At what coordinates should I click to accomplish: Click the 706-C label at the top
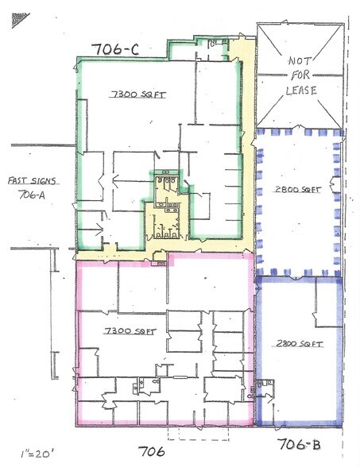tap(117, 50)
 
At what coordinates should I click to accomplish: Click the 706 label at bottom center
tap(150, 452)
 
